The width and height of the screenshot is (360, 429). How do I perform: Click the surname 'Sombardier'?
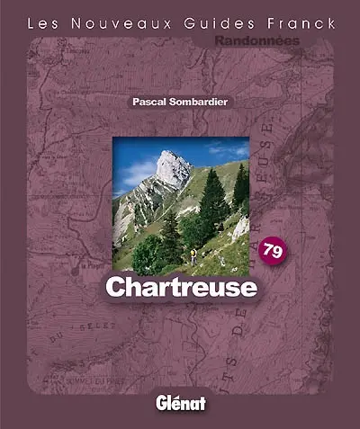pyautogui.click(x=200, y=103)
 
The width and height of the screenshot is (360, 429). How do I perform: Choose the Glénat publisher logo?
pyautogui.click(x=180, y=403)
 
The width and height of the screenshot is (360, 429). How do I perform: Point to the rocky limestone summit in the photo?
pyautogui.click(x=172, y=167)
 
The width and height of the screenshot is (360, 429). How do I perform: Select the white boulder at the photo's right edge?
pyautogui.click(x=241, y=229)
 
